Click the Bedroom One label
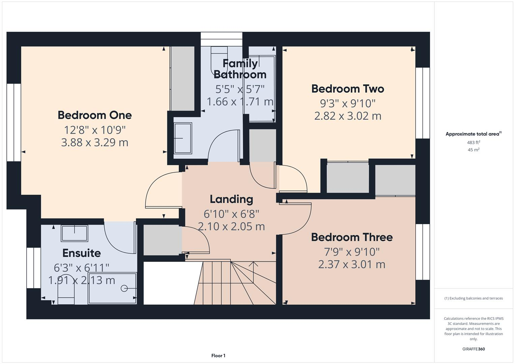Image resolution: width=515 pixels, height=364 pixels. pyautogui.click(x=94, y=115)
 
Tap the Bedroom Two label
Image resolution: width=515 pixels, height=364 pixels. pyautogui.click(x=347, y=89)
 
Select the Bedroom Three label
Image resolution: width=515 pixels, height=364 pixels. pyautogui.click(x=351, y=237)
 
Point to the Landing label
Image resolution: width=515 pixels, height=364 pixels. pyautogui.click(x=231, y=199)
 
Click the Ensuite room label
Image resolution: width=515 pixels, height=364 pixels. pyautogui.click(x=82, y=253)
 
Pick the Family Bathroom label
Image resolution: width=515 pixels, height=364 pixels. pyautogui.click(x=240, y=69)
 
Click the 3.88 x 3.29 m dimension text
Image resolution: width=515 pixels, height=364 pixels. pyautogui.click(x=94, y=143)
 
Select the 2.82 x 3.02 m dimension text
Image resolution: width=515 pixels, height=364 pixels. pyautogui.click(x=347, y=116)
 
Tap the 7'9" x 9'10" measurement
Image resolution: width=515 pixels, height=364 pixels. pyautogui.click(x=351, y=251)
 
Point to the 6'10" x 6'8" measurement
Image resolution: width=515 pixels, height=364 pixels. pyautogui.click(x=231, y=214)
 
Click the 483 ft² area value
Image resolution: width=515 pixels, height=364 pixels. pyautogui.click(x=474, y=143)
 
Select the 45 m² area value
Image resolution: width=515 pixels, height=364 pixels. pyautogui.click(x=474, y=150)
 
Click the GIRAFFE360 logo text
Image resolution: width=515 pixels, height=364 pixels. pyautogui.click(x=474, y=349)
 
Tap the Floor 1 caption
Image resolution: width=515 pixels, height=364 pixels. pyautogui.click(x=218, y=356)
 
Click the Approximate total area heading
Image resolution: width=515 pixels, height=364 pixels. pyautogui.click(x=473, y=134)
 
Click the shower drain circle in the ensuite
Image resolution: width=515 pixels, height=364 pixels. pyautogui.click(x=124, y=288)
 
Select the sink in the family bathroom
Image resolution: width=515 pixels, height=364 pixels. pyautogui.click(x=183, y=138)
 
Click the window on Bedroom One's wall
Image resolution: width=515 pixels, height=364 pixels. pyautogui.click(x=14, y=122)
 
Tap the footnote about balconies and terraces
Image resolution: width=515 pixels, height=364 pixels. pyautogui.click(x=474, y=298)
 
